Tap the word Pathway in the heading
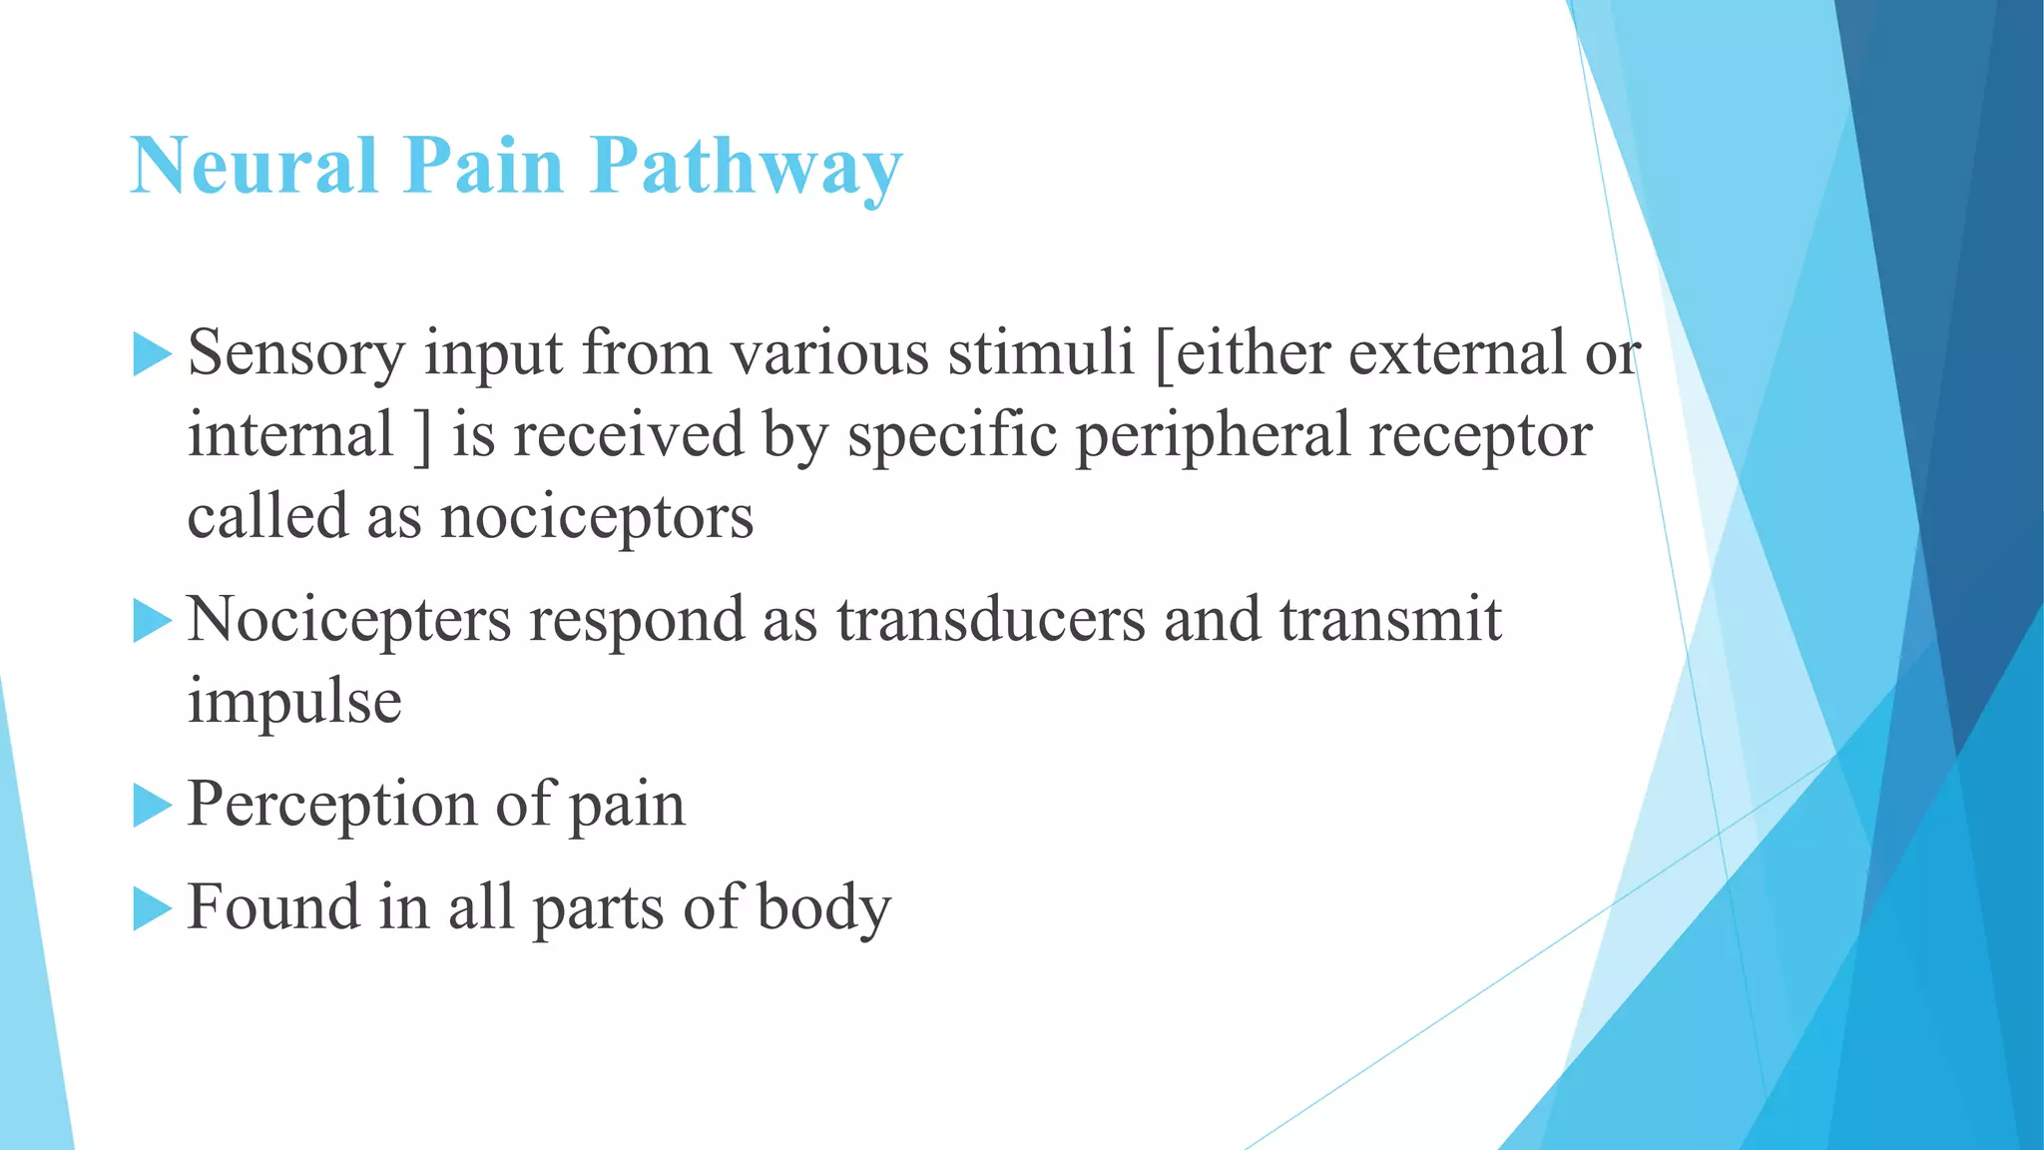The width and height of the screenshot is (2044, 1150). click(x=746, y=167)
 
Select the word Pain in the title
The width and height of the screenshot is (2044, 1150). click(x=483, y=165)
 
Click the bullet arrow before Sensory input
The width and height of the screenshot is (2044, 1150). click(x=151, y=355)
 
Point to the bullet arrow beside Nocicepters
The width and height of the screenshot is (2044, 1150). click(x=151, y=621)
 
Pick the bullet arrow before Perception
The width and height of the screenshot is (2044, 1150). click(x=151, y=806)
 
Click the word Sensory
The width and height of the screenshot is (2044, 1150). click(x=296, y=355)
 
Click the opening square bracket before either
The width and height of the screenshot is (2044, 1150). click(x=1163, y=355)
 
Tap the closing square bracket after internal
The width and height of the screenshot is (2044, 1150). click(x=423, y=437)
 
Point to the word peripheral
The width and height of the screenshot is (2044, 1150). click(x=1212, y=437)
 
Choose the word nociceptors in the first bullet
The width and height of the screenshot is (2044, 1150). click(x=597, y=518)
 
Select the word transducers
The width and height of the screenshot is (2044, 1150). click(x=991, y=620)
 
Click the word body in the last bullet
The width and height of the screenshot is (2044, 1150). click(x=823, y=908)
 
